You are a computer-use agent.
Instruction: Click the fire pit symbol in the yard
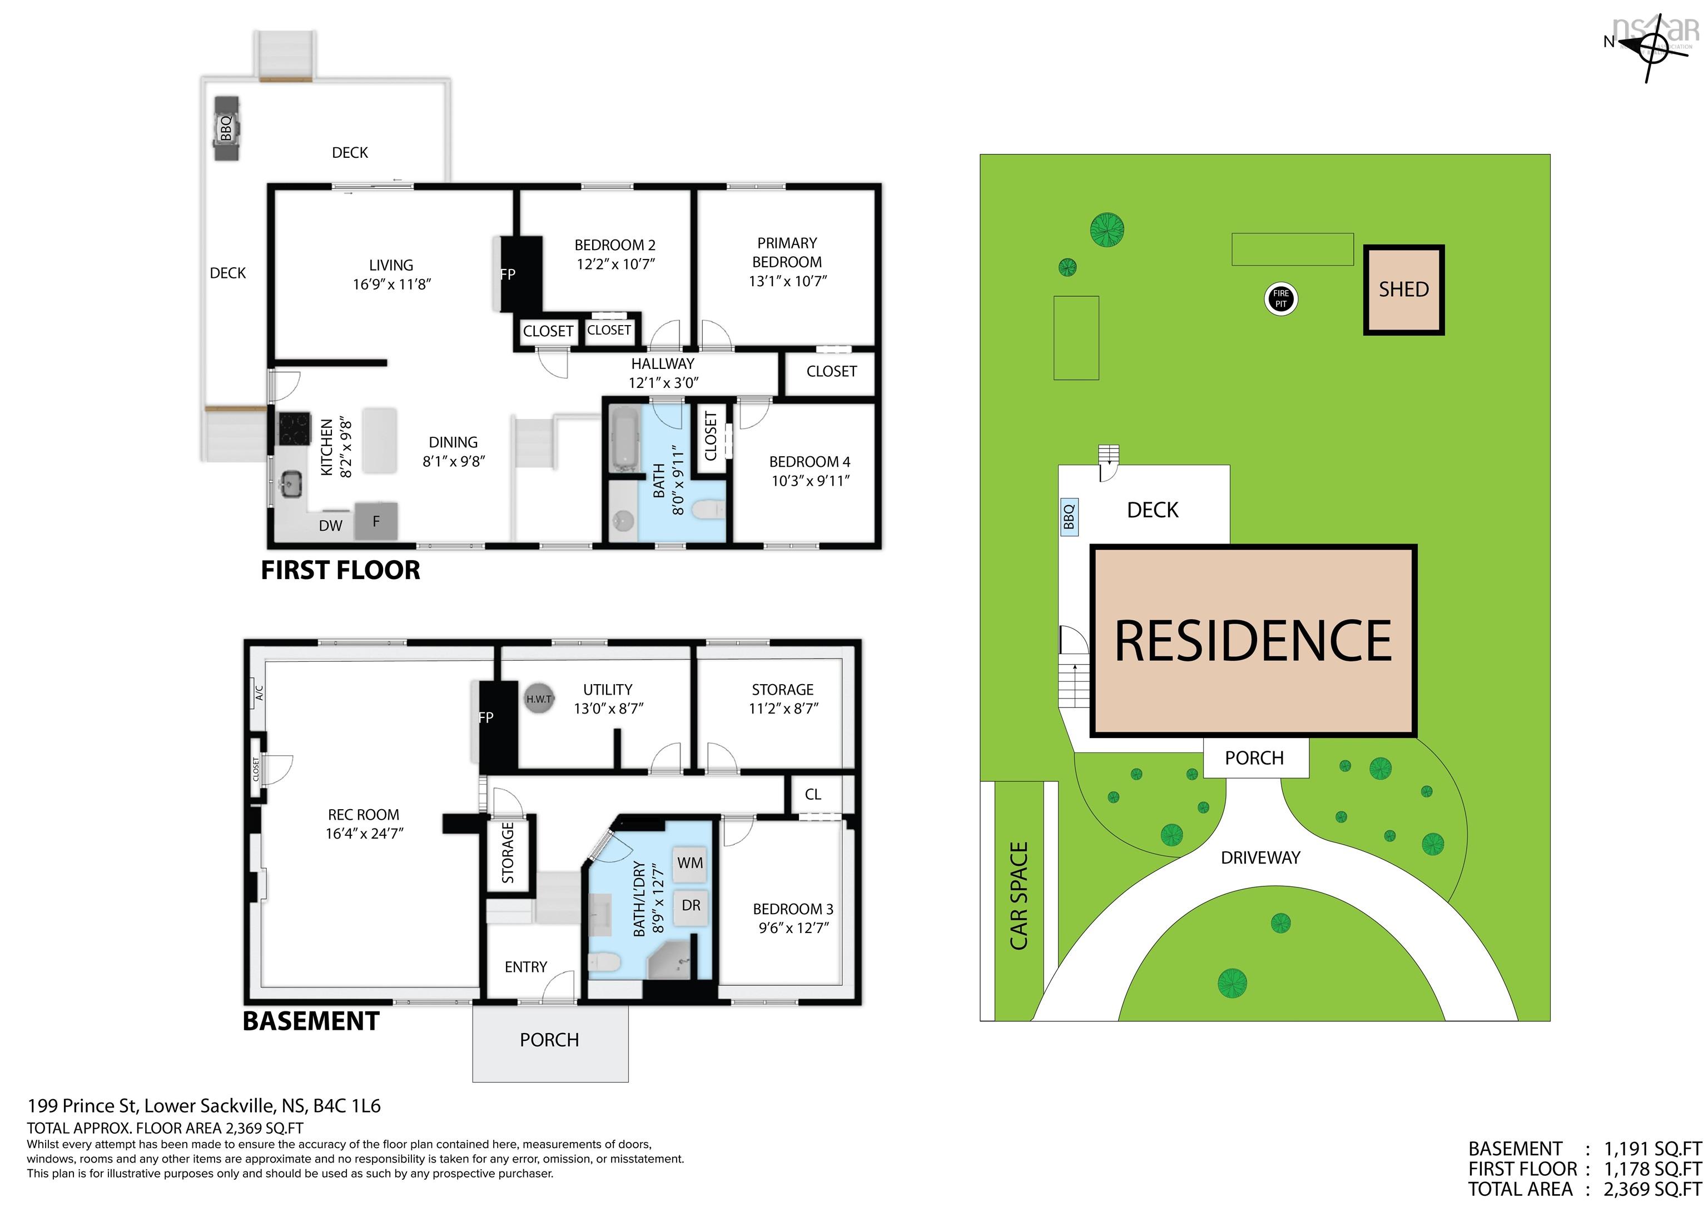pyautogui.click(x=1280, y=299)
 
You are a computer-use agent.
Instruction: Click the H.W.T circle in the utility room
pyautogui.click(x=539, y=699)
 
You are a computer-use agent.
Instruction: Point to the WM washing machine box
pyautogui.click(x=689, y=864)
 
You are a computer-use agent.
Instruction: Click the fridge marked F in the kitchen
pyautogui.click(x=376, y=521)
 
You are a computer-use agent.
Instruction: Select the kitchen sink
pyautogui.click(x=291, y=485)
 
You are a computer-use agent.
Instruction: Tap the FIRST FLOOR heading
pyautogui.click(x=341, y=570)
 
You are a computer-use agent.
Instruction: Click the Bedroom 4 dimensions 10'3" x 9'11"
pyautogui.click(x=810, y=481)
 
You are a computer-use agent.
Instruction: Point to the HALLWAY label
pyautogui.click(x=662, y=363)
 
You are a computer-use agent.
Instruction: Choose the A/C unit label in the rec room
pyautogui.click(x=259, y=693)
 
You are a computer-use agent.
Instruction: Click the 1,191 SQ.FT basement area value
pyautogui.click(x=1651, y=1148)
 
